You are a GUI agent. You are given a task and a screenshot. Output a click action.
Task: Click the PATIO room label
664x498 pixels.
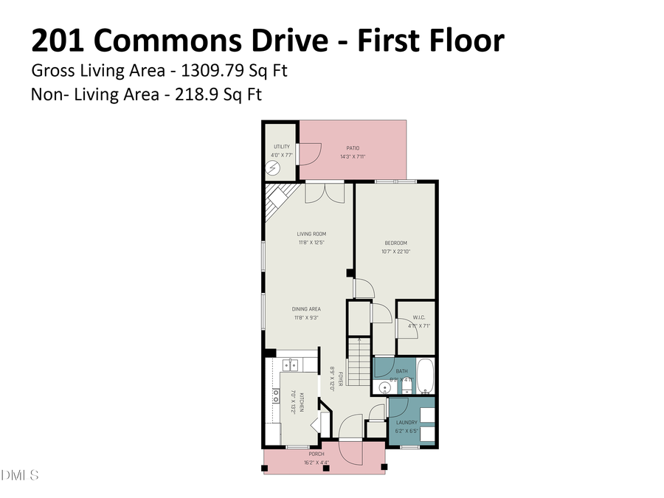tap(353, 148)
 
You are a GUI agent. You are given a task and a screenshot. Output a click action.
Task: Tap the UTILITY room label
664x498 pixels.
tap(281, 147)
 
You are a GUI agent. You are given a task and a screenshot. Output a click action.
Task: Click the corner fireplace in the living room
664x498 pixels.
tap(277, 198)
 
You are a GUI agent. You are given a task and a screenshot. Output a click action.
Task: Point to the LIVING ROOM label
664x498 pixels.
tap(311, 234)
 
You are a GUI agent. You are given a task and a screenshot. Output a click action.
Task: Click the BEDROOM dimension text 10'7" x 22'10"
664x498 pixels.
tap(395, 252)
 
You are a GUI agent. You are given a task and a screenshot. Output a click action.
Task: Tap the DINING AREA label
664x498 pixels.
tap(305, 309)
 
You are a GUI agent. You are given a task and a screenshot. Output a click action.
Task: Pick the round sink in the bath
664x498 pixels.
tap(384, 387)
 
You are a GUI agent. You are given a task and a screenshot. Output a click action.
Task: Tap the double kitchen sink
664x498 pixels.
tap(292, 364)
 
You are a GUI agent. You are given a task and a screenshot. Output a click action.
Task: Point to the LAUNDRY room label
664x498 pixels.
tap(407, 423)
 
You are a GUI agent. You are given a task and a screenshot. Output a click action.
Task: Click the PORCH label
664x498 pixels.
tap(316, 454)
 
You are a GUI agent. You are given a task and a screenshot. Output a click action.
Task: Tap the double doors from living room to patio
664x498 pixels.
tap(325, 192)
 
